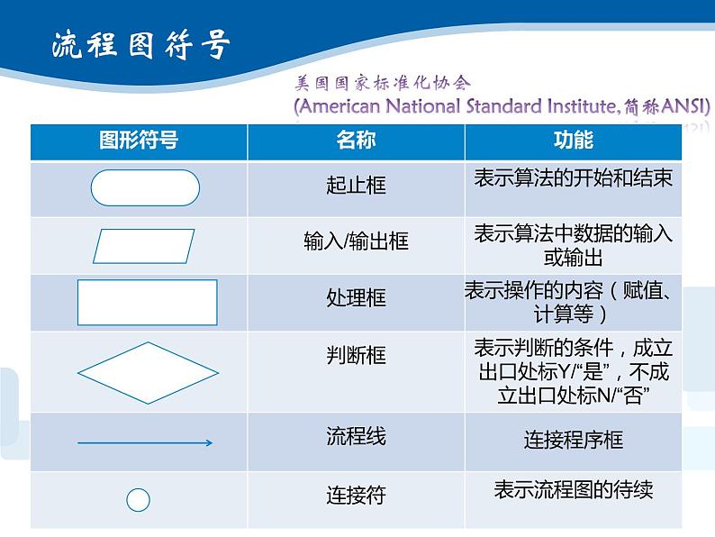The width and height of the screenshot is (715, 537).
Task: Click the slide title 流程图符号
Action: tap(140, 45)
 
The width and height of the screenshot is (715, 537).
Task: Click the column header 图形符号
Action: tap(139, 141)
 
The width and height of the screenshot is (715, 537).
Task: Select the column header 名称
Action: tap(356, 141)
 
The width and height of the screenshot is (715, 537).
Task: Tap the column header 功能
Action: tap(573, 141)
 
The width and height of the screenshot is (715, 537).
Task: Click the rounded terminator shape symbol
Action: tap(145, 187)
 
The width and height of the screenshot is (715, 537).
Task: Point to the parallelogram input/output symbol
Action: tap(145, 246)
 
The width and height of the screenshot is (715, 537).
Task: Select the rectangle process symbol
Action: tap(147, 302)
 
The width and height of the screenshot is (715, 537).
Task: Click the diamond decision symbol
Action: tap(144, 371)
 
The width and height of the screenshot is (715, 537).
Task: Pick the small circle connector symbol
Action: tap(138, 500)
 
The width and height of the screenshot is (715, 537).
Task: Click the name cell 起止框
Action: tap(356, 186)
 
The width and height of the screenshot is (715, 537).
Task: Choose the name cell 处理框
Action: tap(356, 298)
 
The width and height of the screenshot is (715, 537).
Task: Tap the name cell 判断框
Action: tap(356, 355)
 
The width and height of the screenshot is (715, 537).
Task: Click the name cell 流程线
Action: tap(356, 437)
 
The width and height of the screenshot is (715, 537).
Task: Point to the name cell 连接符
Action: tap(356, 495)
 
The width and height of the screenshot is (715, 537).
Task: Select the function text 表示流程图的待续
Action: tap(573, 490)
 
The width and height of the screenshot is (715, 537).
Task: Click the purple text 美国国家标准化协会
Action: tap(383, 83)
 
